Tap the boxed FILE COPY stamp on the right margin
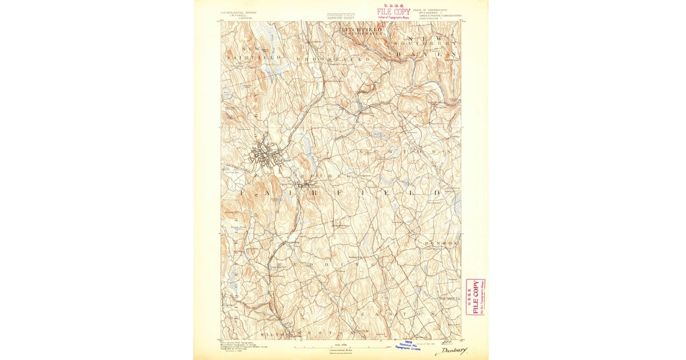(475, 297)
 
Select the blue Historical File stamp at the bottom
(408, 344)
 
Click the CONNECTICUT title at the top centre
(341, 14)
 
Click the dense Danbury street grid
(265, 154)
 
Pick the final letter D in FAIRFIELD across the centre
(438, 193)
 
